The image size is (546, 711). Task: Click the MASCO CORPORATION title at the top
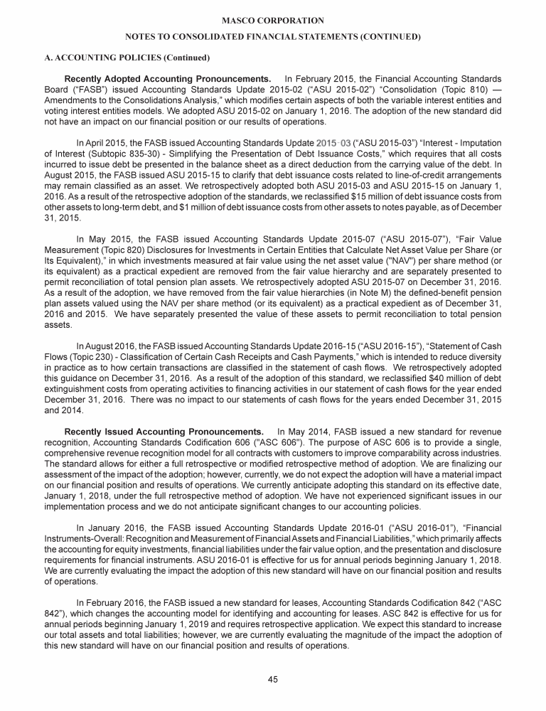(x=272, y=21)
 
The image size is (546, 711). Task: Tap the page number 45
(x=272, y=680)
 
